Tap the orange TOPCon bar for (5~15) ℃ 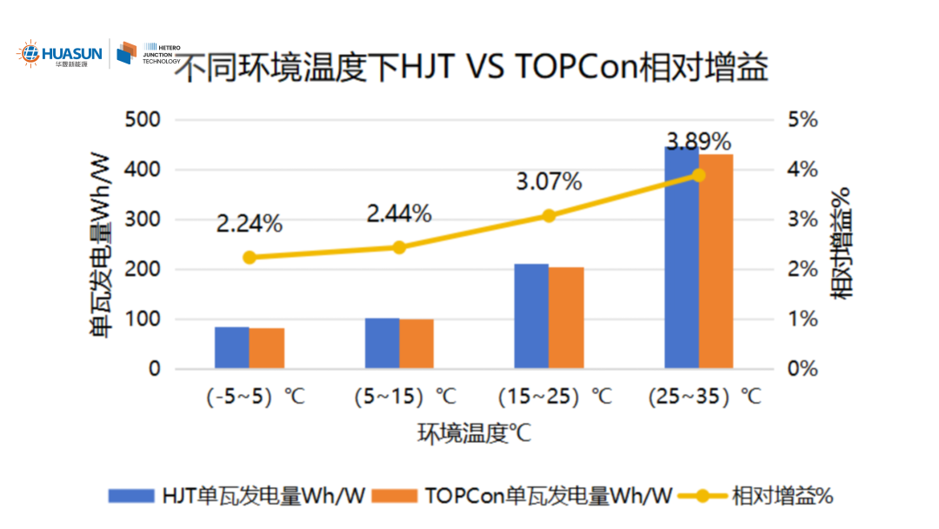coord(416,344)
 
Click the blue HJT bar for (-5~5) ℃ coord(232,347)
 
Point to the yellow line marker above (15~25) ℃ coord(549,216)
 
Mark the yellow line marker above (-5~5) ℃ coord(250,258)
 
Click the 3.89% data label coord(698,142)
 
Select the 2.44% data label coord(399,213)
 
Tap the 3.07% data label coord(549,182)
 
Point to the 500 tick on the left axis coord(143,119)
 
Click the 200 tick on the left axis coord(143,269)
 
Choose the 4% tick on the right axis coord(802,170)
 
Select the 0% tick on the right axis coord(802,369)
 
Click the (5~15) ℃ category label coord(405,397)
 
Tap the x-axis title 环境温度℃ coord(474,432)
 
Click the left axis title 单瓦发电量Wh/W coord(101,244)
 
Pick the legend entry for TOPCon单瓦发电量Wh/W coord(523,496)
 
